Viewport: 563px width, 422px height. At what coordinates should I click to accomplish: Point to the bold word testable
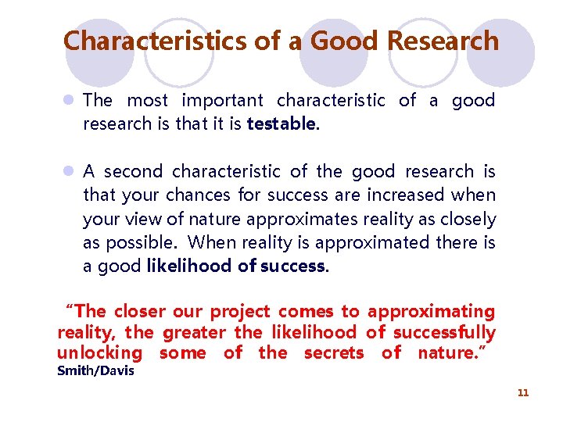pos(282,123)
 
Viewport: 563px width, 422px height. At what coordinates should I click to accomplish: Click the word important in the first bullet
pos(222,100)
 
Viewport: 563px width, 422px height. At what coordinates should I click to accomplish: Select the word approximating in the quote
pos(431,311)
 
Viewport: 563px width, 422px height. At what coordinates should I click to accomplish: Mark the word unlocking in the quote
pos(100,352)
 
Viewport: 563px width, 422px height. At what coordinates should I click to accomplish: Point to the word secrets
pos(334,352)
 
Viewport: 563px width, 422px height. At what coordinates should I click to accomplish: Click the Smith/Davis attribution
pos(95,370)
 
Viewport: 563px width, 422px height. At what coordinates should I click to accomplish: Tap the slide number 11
pos(523,392)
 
